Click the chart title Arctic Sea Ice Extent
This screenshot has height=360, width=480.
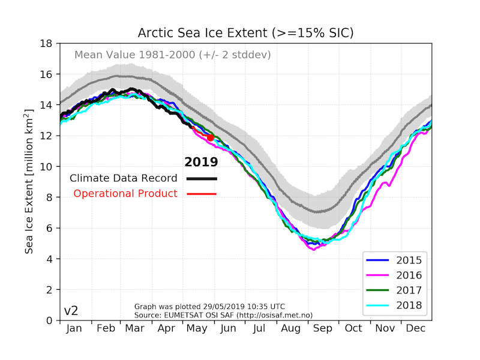(x=245, y=32)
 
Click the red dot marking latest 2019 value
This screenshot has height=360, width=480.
(x=211, y=137)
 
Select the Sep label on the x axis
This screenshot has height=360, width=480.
(x=322, y=329)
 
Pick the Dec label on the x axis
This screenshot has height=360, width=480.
(x=415, y=329)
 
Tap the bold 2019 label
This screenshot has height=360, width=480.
(x=201, y=162)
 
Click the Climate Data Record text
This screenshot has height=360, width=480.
(x=124, y=178)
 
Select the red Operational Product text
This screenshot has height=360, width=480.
(x=125, y=193)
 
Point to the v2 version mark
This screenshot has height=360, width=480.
(x=71, y=311)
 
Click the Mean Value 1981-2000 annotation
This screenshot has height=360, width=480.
(x=172, y=55)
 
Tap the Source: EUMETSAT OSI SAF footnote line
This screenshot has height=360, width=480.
(x=223, y=314)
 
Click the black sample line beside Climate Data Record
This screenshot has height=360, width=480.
(x=202, y=179)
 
